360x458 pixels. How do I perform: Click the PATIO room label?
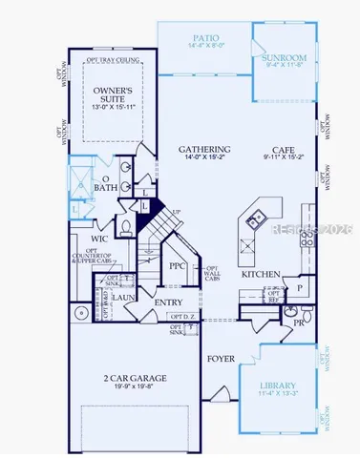click(206, 37)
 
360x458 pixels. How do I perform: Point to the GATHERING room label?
click(204, 150)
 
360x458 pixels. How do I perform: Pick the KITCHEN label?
click(260, 274)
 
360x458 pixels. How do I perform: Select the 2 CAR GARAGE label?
click(131, 379)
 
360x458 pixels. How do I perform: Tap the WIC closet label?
click(98, 238)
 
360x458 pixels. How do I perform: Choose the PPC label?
click(176, 266)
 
